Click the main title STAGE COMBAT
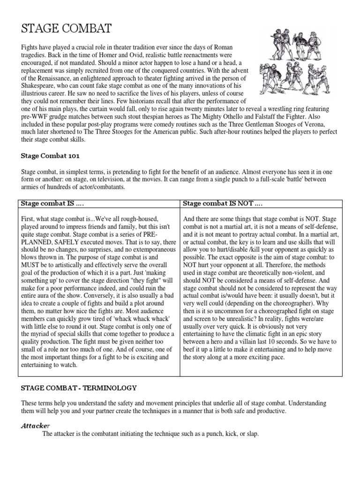point(67,29)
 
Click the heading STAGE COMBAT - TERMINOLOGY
point(79,388)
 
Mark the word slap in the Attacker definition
point(251,434)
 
